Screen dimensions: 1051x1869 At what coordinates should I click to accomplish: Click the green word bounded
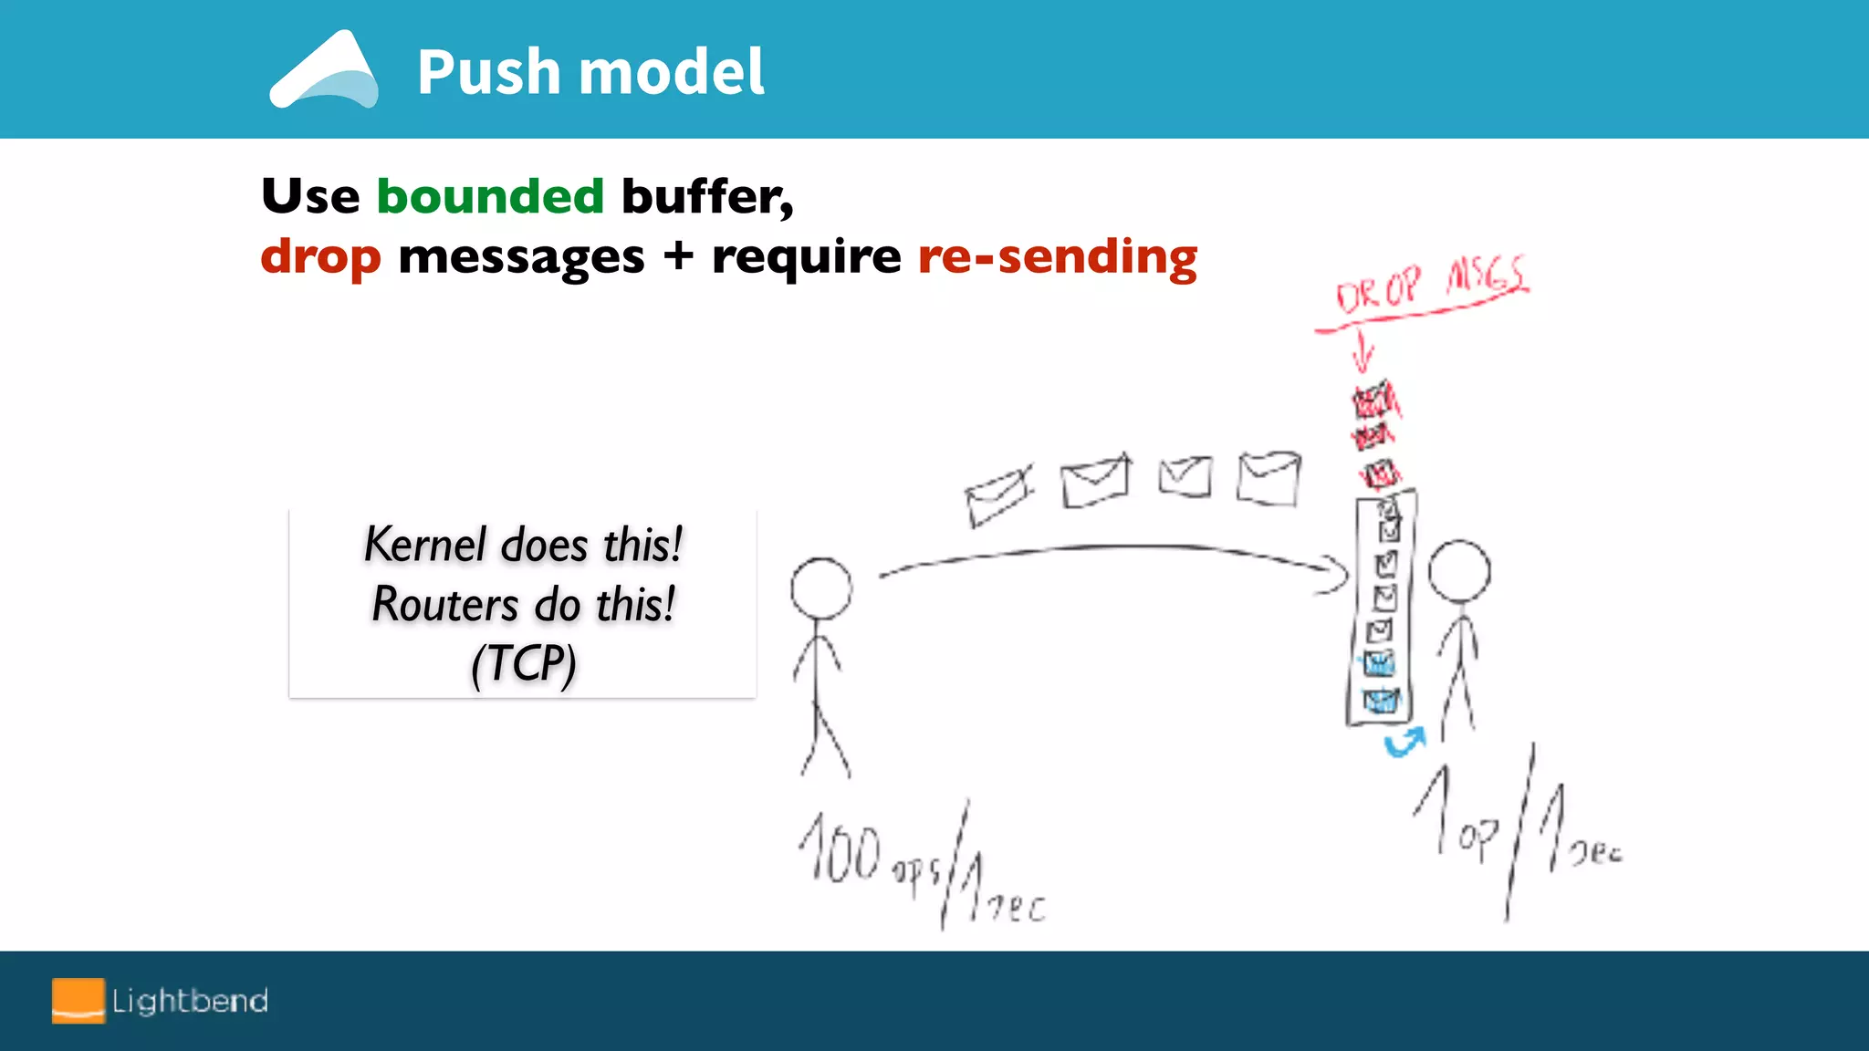tap(490, 196)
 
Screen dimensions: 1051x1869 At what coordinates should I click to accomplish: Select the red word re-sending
tap(1057, 256)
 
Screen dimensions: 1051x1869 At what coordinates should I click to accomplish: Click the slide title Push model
tap(590, 72)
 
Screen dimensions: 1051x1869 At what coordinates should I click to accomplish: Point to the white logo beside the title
tap(324, 71)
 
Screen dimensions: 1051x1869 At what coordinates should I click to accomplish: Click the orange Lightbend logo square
tap(78, 1001)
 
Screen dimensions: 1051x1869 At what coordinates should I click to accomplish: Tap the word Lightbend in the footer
tap(190, 1001)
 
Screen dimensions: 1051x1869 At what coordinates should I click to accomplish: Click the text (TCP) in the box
tap(523, 663)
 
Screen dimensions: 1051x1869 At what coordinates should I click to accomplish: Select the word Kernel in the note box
tap(424, 545)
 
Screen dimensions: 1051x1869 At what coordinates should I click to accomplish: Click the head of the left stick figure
tap(821, 588)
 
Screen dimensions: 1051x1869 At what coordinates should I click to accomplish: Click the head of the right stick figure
tap(1458, 571)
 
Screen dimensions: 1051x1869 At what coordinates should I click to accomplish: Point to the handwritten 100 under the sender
tap(841, 850)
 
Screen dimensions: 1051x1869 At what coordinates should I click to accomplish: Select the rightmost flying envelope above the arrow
tap(1269, 478)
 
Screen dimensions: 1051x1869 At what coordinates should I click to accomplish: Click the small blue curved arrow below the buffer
tap(1404, 743)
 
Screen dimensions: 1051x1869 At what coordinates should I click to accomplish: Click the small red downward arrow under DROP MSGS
tap(1363, 353)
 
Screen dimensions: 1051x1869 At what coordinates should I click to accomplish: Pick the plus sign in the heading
tap(678, 256)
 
